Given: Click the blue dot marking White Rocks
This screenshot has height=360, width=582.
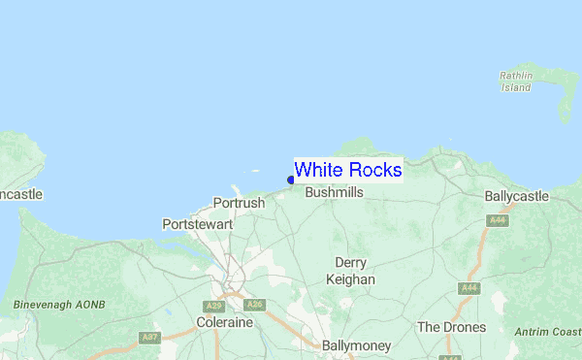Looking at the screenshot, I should [x=291, y=180].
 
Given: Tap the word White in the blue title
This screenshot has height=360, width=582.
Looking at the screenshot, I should [x=316, y=170].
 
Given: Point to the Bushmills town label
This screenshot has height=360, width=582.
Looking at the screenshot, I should [x=334, y=193].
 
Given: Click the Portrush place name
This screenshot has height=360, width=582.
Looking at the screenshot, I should [x=238, y=204].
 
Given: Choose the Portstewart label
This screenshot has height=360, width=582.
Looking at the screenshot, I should [x=198, y=224].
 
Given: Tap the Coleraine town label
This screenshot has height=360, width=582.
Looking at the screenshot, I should [x=224, y=322].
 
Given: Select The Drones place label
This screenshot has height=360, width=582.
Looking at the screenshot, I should [x=451, y=327].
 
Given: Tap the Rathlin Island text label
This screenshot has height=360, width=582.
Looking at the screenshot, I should [x=516, y=82].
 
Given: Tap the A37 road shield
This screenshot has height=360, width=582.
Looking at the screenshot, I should [x=149, y=337].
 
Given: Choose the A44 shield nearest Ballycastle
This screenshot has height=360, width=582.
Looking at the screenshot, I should [x=499, y=221].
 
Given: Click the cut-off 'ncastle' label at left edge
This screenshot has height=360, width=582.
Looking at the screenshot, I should [x=20, y=195].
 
